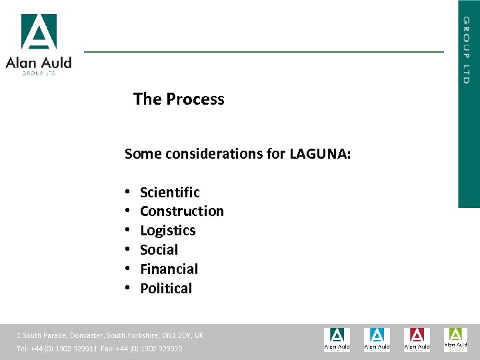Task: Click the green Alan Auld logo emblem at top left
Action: (x=39, y=31)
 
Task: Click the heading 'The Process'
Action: (x=179, y=99)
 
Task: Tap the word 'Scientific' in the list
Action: (x=169, y=193)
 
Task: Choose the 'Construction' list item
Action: (x=181, y=211)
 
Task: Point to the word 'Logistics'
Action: (x=167, y=231)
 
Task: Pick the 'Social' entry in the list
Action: (x=159, y=250)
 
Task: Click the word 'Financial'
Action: (x=169, y=269)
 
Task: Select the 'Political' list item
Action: (x=165, y=289)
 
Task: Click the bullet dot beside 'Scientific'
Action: (x=127, y=193)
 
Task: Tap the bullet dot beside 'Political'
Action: (x=127, y=289)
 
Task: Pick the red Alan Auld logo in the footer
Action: (x=417, y=339)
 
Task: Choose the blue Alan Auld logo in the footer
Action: (x=377, y=339)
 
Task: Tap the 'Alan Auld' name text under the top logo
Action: (x=39, y=63)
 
